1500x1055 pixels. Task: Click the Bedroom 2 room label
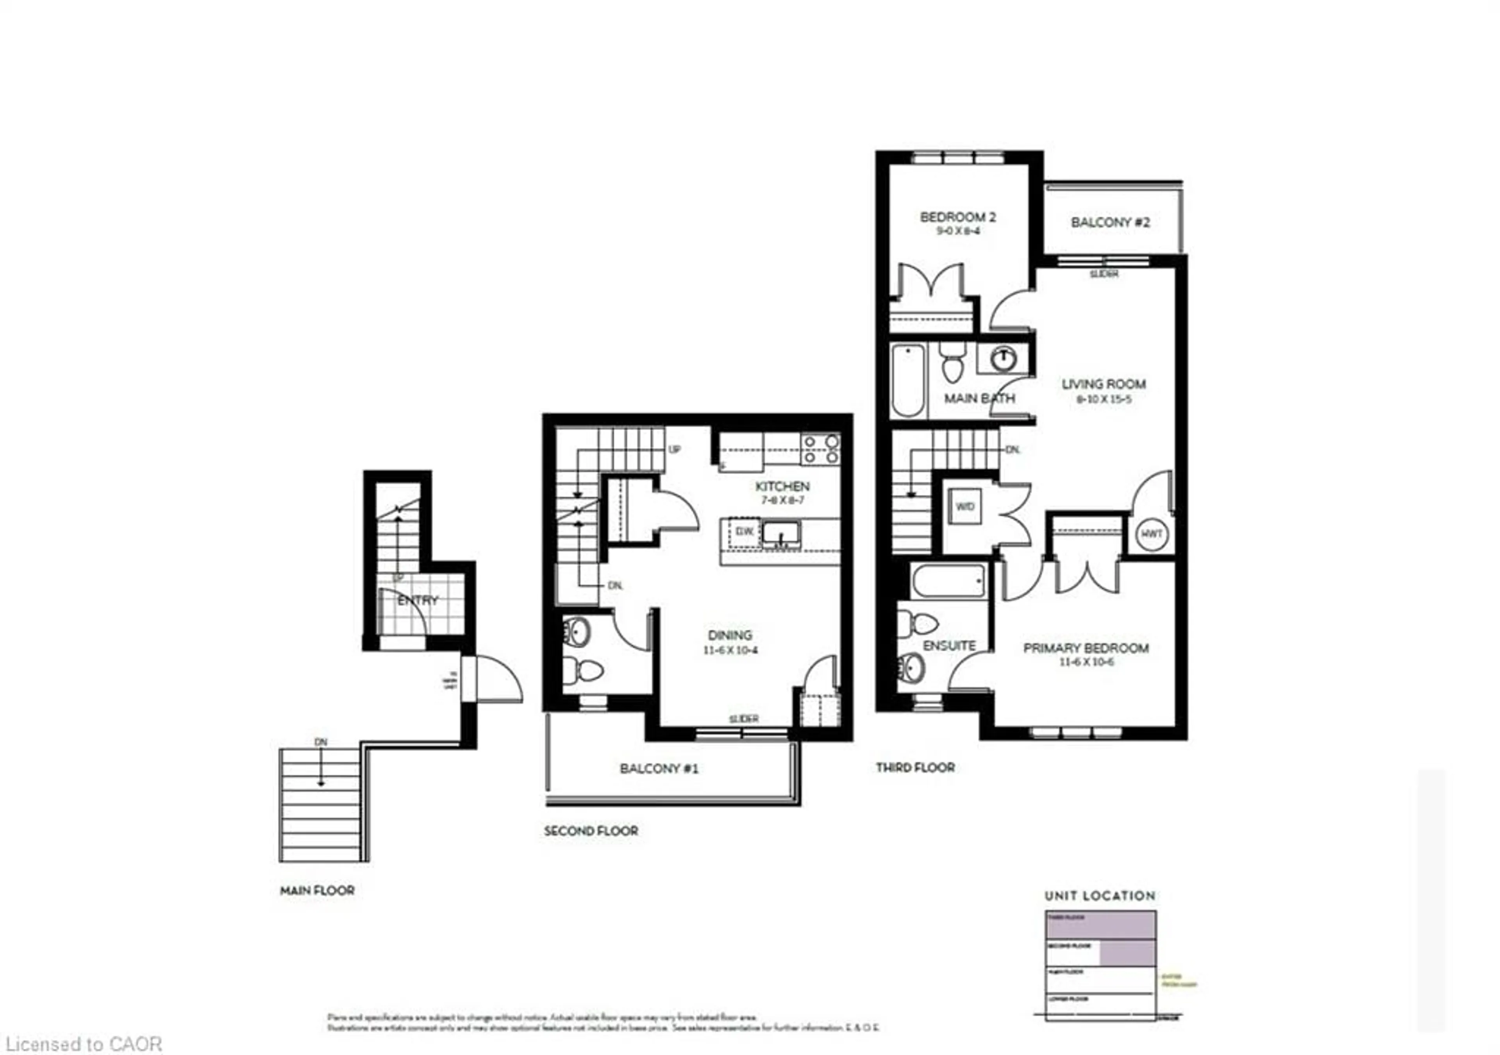pyautogui.click(x=958, y=216)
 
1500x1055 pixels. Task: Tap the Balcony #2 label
pyautogui.click(x=1110, y=222)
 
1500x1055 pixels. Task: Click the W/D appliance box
pyautogui.click(x=965, y=506)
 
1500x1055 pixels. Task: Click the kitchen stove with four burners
pyautogui.click(x=821, y=450)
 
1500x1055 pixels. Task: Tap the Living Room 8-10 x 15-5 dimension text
pyautogui.click(x=1104, y=399)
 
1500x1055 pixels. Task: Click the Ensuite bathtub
pyautogui.click(x=948, y=581)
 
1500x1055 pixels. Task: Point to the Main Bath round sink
pyautogui.click(x=1003, y=358)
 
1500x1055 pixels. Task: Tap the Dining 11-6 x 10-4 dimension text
pyautogui.click(x=730, y=650)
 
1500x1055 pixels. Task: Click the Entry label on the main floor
pyautogui.click(x=418, y=600)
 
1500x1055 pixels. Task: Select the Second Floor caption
pyautogui.click(x=591, y=831)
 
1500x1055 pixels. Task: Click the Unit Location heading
pyautogui.click(x=1100, y=896)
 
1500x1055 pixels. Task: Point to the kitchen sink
pyautogui.click(x=781, y=533)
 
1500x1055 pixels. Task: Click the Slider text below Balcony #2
pyautogui.click(x=1104, y=274)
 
